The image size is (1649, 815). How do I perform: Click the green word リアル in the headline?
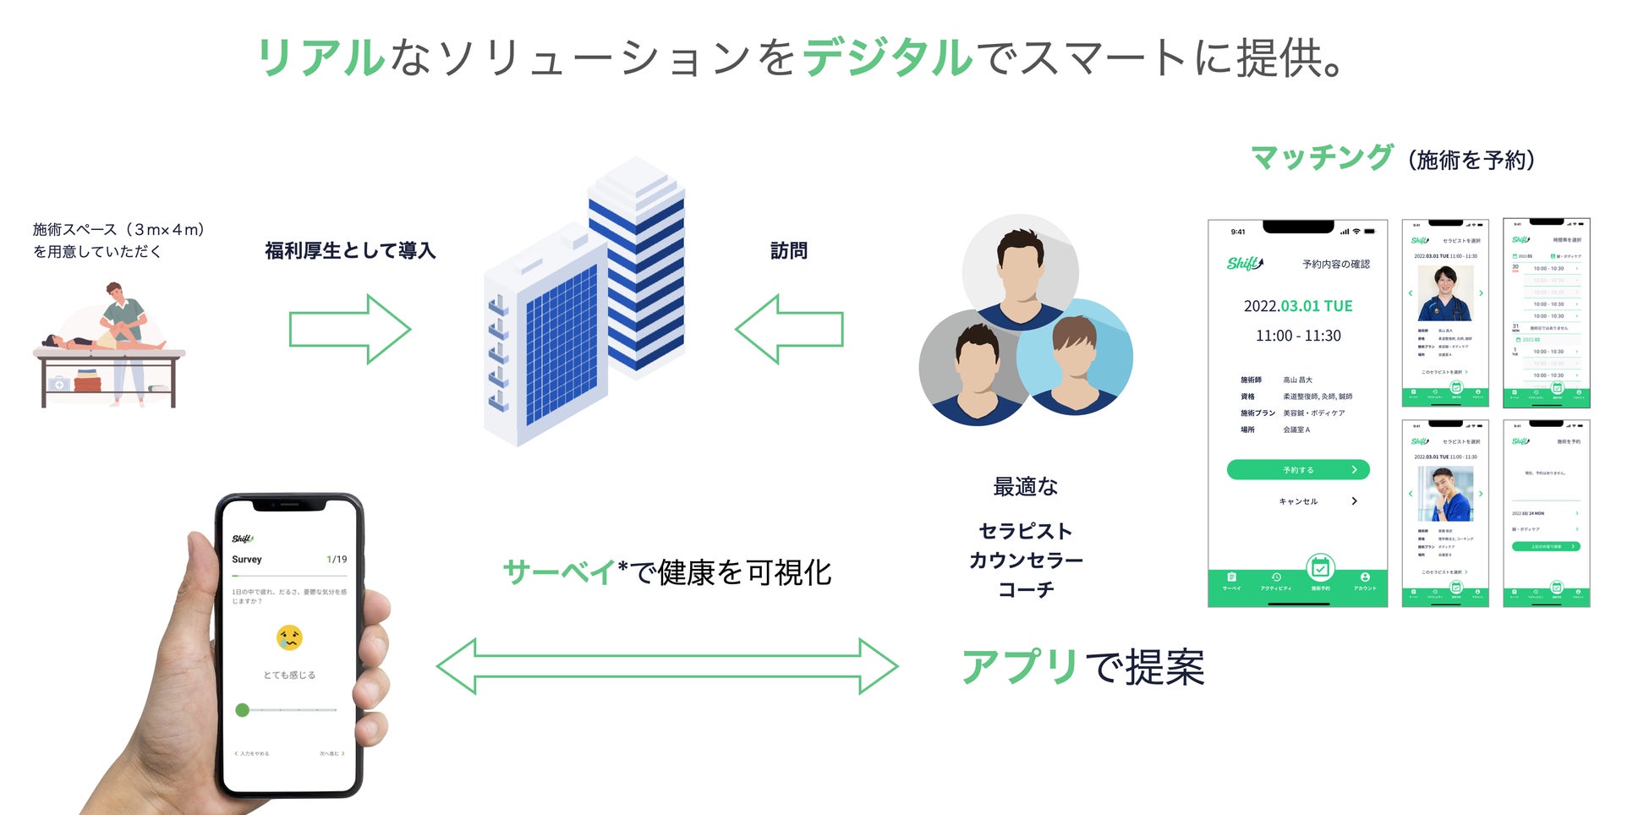(320, 57)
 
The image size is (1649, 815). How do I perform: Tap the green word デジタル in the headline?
(887, 57)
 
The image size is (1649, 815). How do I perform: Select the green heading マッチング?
(1321, 157)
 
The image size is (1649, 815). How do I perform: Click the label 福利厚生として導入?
(350, 251)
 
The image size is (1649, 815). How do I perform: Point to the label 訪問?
(788, 251)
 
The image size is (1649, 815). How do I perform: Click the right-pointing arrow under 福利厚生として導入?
(349, 329)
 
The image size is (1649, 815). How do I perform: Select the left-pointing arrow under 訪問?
(789, 329)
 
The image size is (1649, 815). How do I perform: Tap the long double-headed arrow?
(667, 666)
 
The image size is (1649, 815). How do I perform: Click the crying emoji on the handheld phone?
(289, 637)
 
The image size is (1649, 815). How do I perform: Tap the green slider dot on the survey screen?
(243, 710)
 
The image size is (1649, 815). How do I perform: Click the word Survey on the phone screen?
(247, 560)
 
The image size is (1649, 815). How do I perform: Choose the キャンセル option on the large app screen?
(1298, 501)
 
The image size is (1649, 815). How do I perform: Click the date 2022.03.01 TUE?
(1298, 306)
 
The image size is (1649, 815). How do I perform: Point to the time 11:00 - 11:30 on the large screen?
(1298, 336)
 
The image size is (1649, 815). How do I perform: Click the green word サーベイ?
(559, 572)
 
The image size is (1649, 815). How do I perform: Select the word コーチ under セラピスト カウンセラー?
(1026, 589)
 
